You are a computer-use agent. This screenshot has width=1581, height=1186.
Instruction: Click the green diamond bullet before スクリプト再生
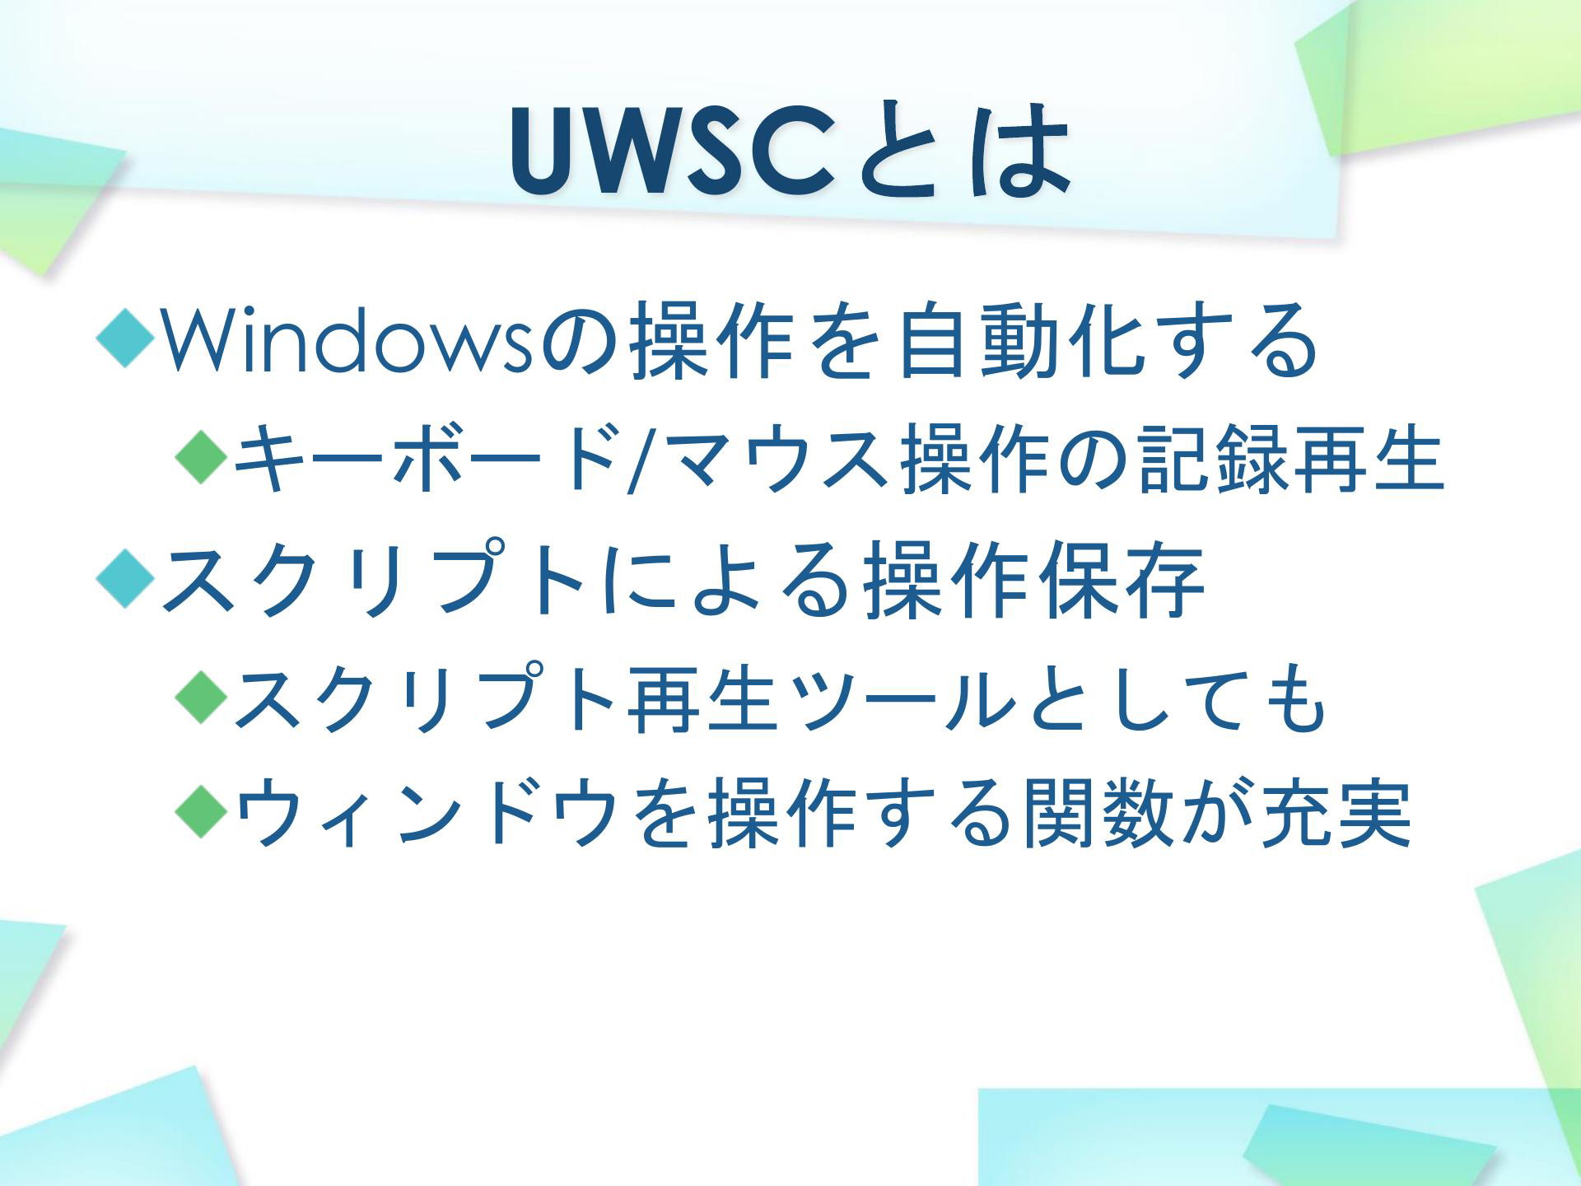[202, 699]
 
